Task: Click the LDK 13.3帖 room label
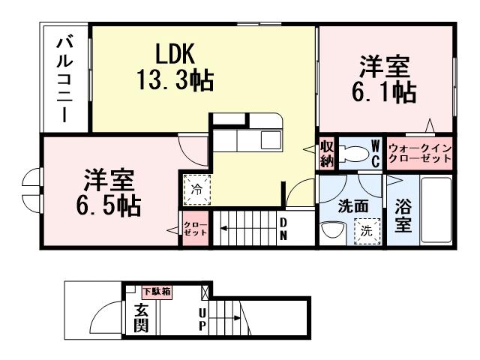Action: click(175, 67)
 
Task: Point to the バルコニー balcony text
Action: click(64, 78)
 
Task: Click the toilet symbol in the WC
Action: click(352, 153)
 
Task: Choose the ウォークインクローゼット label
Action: click(420, 154)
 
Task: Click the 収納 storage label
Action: click(327, 153)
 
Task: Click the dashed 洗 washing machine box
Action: click(366, 232)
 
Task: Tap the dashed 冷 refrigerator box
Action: click(195, 188)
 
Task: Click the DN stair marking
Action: click(284, 229)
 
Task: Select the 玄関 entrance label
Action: click(141, 318)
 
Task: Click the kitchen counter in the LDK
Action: click(247, 135)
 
